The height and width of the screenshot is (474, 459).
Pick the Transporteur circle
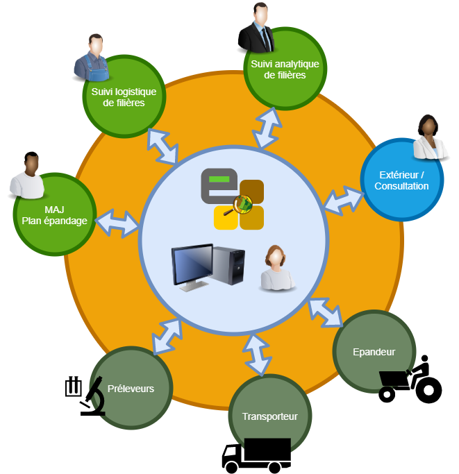coord(269,416)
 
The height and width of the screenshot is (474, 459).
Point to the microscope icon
coord(86,398)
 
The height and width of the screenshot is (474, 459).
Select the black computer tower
coord(231,265)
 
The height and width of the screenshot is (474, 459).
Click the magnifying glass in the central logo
coord(243,205)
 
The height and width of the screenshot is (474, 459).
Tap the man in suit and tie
coord(256,28)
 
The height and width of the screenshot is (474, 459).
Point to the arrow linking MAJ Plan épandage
coord(118,222)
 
